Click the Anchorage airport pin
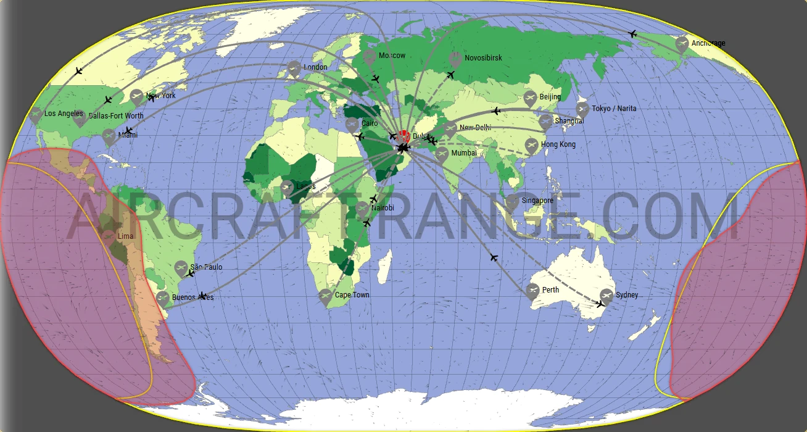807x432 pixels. (x=682, y=44)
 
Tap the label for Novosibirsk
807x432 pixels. (x=483, y=58)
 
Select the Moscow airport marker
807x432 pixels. (x=370, y=57)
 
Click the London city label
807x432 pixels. (x=315, y=67)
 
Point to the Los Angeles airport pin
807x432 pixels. (x=36, y=115)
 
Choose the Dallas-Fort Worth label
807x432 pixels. (x=116, y=115)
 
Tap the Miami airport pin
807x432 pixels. (x=109, y=136)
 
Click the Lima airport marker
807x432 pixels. (x=109, y=237)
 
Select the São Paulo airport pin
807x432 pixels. (x=181, y=268)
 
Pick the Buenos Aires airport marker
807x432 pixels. (x=163, y=299)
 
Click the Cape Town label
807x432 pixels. (x=352, y=295)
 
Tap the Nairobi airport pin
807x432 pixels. (x=363, y=209)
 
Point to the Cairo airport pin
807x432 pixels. (x=352, y=125)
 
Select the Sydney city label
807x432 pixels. (x=627, y=295)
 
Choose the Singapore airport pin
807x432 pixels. (x=512, y=201)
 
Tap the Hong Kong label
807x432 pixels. (x=558, y=144)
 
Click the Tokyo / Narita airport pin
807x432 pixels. (x=582, y=110)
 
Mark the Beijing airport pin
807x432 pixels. (x=530, y=98)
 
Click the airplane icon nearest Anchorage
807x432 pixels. (x=632, y=34)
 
